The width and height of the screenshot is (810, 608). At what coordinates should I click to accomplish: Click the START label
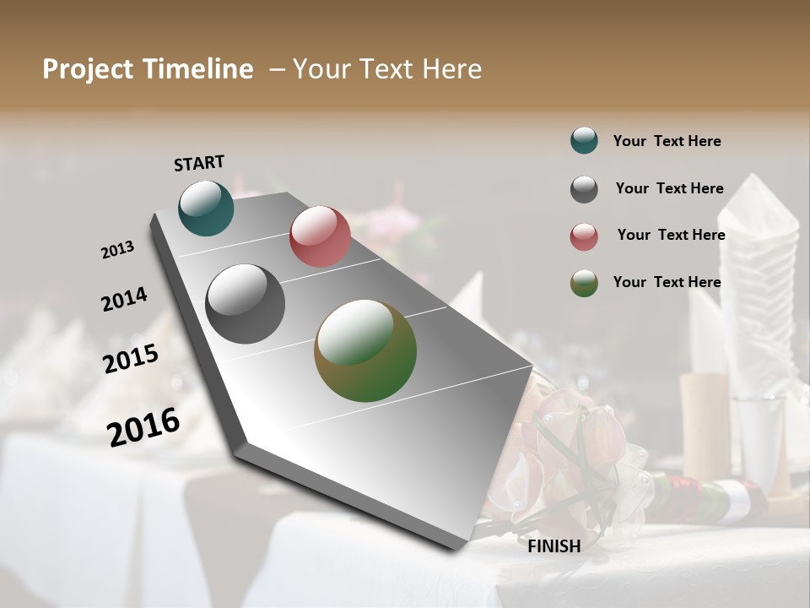(x=199, y=162)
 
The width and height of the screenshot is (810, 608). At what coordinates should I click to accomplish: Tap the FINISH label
(x=553, y=546)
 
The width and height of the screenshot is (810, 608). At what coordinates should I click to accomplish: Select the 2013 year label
(x=118, y=250)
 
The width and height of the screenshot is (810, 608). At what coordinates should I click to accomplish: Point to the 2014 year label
(x=124, y=299)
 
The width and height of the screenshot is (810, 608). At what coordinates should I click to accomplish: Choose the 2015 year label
(x=131, y=359)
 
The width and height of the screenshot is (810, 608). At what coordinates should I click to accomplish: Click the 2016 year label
(x=143, y=426)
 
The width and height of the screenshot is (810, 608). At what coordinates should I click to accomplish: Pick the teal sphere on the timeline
(x=206, y=208)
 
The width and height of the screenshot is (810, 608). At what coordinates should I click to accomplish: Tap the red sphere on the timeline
(x=320, y=236)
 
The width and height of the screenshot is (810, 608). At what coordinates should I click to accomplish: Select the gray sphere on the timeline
(x=245, y=304)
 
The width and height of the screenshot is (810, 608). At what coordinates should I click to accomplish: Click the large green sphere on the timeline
(x=365, y=350)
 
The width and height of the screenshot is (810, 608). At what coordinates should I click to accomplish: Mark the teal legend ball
(x=584, y=140)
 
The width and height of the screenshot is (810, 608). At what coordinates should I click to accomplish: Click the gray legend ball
(x=584, y=189)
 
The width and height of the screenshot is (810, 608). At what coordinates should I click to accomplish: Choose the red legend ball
(x=584, y=236)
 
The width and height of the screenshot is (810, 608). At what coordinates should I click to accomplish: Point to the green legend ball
(x=584, y=283)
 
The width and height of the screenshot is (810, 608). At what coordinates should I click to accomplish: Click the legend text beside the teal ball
(x=667, y=141)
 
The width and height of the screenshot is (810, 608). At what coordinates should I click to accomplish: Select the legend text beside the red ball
(x=671, y=235)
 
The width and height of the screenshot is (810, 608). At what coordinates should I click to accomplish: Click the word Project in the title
(x=88, y=69)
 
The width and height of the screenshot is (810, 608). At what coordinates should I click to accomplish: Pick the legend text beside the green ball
(x=667, y=282)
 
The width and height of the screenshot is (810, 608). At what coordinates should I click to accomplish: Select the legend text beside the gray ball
(x=669, y=188)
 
